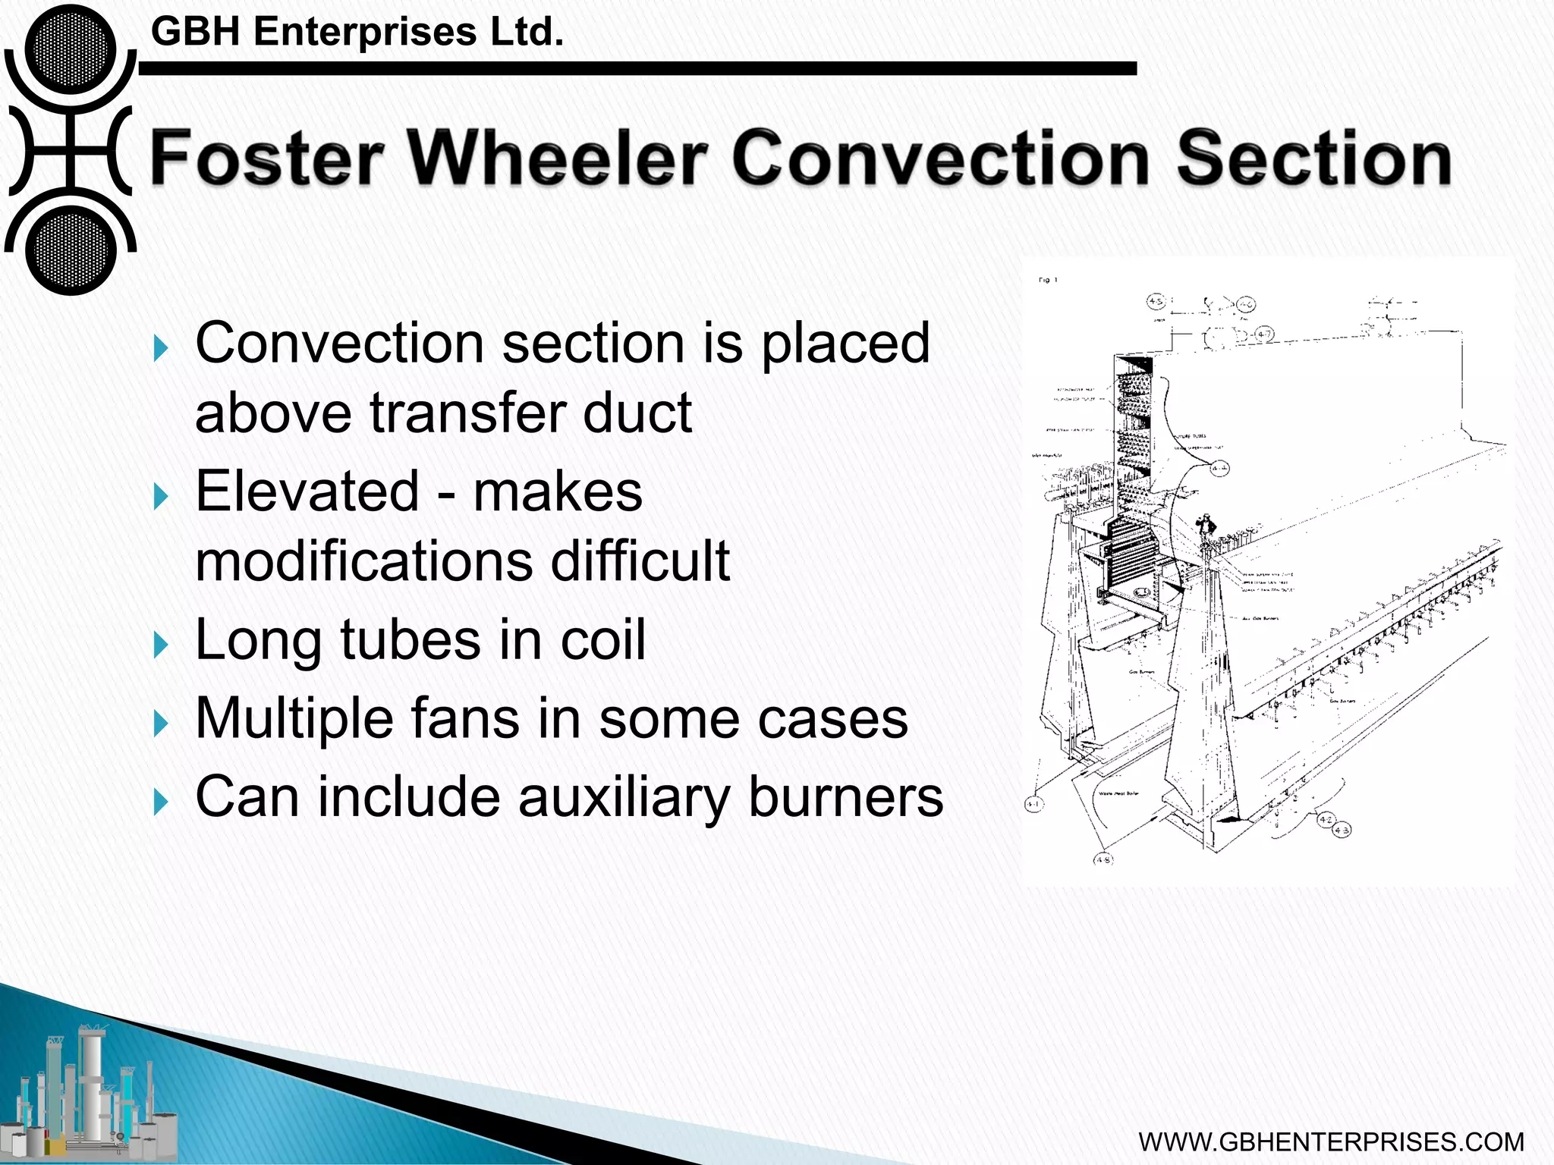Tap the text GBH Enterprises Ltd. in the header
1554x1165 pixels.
[357, 33]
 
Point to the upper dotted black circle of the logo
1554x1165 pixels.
[71, 49]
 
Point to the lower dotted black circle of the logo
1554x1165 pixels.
[71, 250]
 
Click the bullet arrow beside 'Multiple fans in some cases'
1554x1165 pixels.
[160, 724]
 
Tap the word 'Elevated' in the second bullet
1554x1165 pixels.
[307, 491]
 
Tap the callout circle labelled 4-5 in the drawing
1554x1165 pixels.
[1156, 302]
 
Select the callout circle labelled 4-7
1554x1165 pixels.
[1264, 334]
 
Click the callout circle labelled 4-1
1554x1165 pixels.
[1033, 804]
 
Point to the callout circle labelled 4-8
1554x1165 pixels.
[1103, 859]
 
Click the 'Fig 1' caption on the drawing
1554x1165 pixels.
[1047, 281]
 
